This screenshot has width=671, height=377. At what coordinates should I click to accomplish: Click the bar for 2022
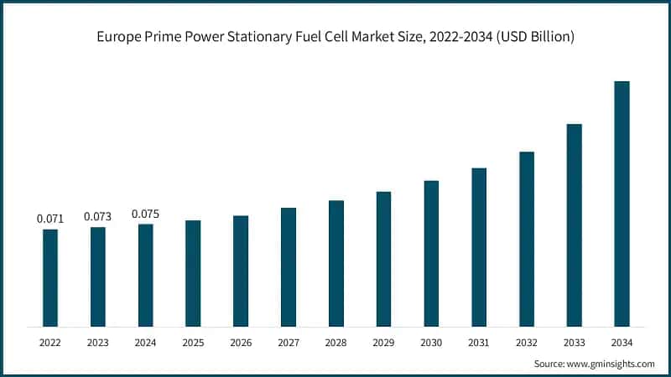50,277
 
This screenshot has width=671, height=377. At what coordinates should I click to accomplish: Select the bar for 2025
193,273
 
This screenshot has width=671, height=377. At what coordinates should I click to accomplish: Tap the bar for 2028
335,263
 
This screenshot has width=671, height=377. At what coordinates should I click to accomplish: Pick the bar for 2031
479,247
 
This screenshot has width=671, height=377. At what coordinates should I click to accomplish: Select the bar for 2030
431,253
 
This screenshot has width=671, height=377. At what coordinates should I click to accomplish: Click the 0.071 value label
50,219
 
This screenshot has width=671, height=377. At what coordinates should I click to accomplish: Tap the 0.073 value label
98,216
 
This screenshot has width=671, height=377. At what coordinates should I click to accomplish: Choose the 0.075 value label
145,214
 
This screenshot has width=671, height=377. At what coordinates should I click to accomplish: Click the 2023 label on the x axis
98,343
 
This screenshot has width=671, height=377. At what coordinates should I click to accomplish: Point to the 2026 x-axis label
241,343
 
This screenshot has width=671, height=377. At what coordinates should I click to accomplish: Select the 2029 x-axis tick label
383,343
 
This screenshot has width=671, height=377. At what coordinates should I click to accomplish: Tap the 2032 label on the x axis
527,343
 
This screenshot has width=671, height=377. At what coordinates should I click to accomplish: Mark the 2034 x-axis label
622,343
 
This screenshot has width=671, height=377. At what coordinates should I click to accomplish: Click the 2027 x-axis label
289,343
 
